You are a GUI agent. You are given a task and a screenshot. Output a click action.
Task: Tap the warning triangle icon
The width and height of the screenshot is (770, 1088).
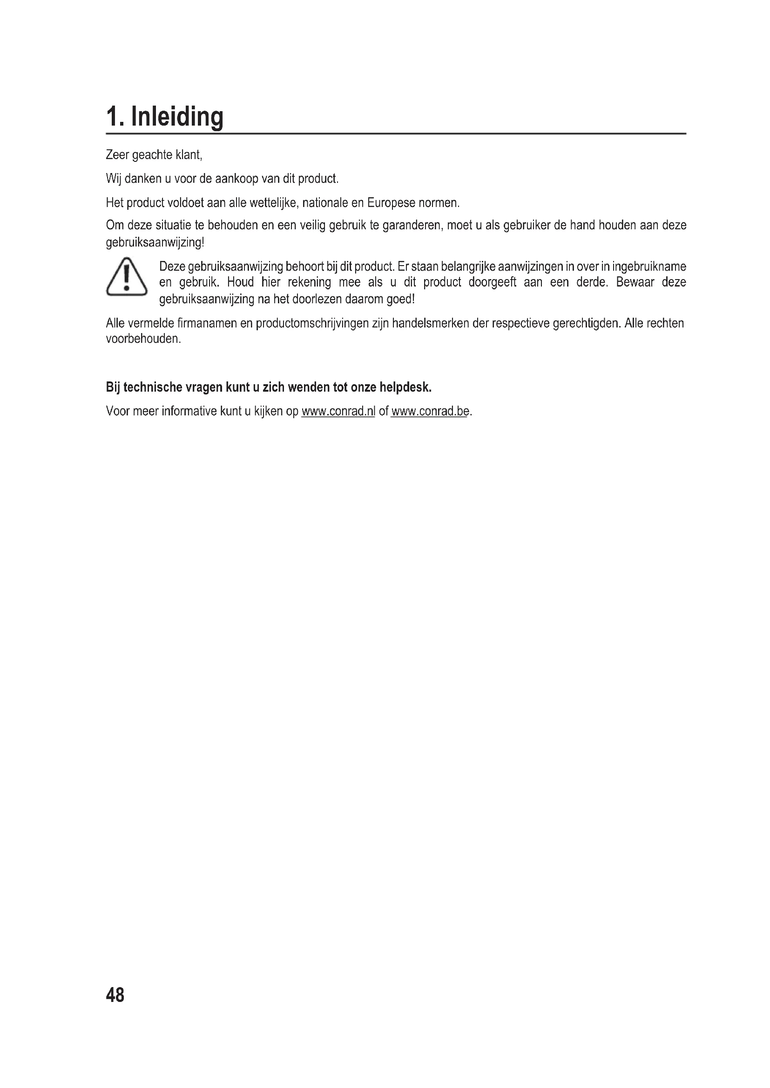pos(126,277)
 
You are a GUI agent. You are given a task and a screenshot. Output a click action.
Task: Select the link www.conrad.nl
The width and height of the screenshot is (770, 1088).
pos(338,411)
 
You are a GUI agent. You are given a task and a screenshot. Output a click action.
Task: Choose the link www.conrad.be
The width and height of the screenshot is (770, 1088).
pos(430,411)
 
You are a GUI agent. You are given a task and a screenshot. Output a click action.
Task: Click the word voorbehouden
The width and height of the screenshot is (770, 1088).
pos(143,339)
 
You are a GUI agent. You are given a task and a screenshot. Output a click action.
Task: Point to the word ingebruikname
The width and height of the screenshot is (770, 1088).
pos(649,267)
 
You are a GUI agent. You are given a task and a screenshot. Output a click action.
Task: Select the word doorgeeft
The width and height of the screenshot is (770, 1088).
pos(493,282)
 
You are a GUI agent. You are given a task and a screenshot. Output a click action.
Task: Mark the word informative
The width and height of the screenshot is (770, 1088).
pos(189,411)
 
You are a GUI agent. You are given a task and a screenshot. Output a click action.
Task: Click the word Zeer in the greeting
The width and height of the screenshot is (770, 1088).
pos(117,155)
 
